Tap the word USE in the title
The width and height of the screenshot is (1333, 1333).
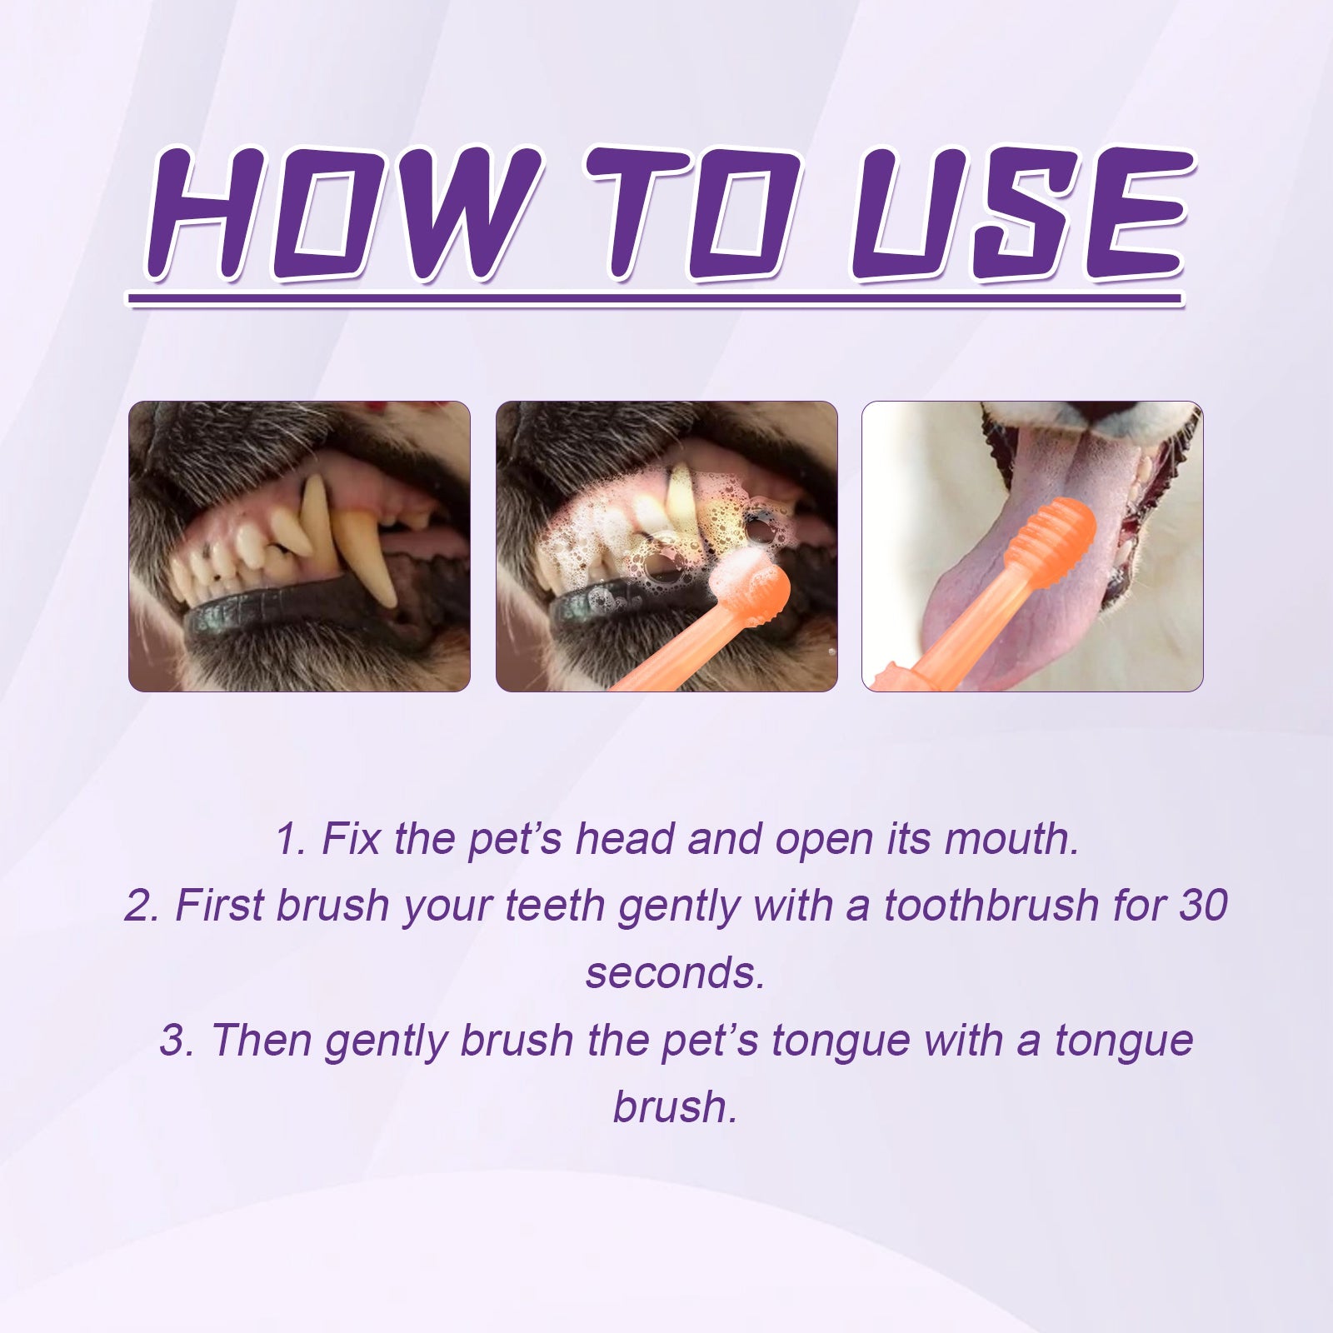tap(1021, 215)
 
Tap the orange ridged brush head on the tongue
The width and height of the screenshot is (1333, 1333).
tap(1050, 533)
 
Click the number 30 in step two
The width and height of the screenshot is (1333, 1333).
tap(1202, 906)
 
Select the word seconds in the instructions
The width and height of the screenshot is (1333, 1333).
tap(675, 973)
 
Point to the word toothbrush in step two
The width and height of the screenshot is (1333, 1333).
tap(991, 906)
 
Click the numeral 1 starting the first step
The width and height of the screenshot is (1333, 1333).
tap(288, 839)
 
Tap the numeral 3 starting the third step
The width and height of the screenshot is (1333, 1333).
tap(173, 1041)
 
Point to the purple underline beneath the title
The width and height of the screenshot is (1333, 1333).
tap(654, 298)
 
